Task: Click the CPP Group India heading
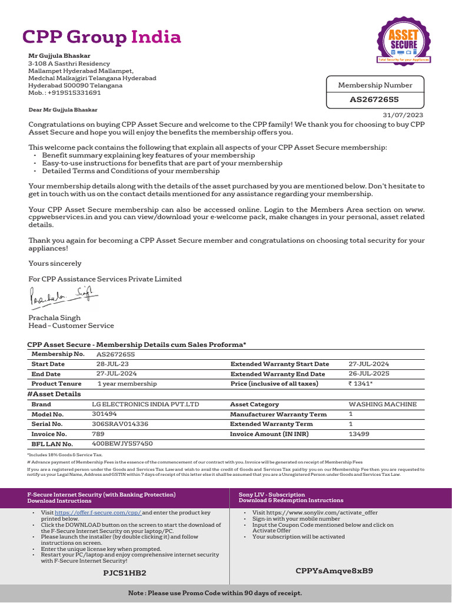[101, 37]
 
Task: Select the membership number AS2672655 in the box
[374, 100]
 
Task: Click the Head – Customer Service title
[71, 326]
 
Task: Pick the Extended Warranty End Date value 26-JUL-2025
[368, 374]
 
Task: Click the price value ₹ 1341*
[361, 383]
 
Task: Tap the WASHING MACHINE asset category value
[383, 405]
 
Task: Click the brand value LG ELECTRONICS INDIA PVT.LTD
[146, 405]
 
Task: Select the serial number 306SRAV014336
[120, 424]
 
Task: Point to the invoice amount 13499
[359, 434]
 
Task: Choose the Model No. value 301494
[105, 414]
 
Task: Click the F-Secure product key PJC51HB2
[125, 572]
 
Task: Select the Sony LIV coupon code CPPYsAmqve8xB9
[334, 571]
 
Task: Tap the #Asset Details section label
[55, 394]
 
